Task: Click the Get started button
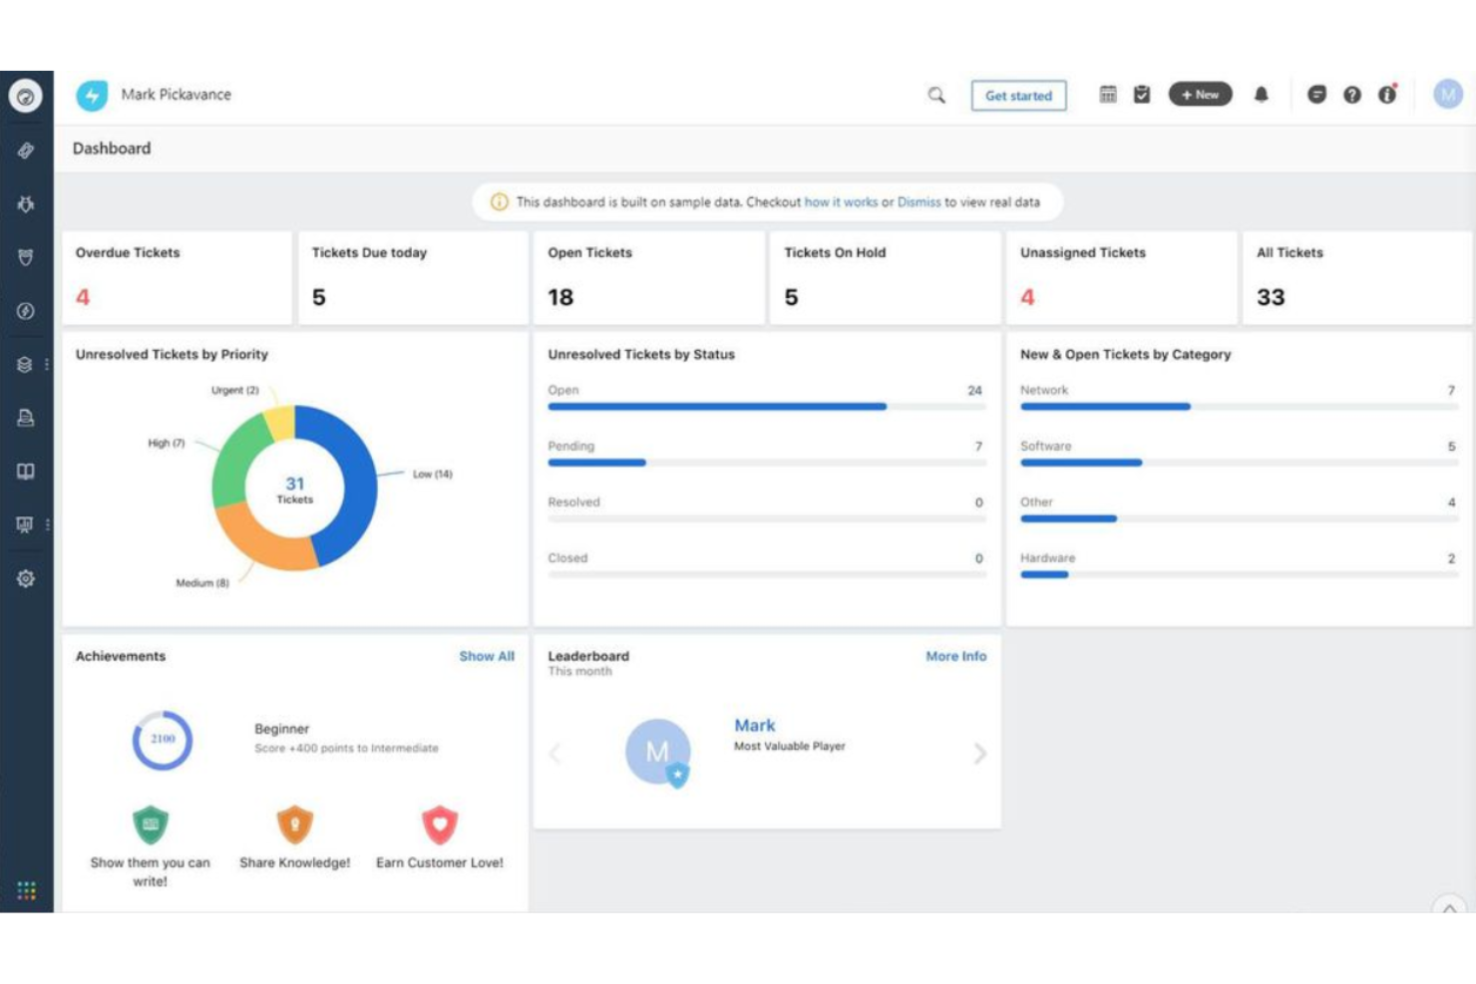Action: click(x=1018, y=96)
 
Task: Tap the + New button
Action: click(x=1200, y=95)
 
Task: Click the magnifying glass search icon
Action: click(x=935, y=95)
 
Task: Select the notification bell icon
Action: click(x=1261, y=95)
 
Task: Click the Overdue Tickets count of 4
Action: click(x=83, y=297)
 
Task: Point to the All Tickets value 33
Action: click(x=1270, y=297)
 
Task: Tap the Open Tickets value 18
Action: click(x=560, y=297)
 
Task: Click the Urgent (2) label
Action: click(x=234, y=390)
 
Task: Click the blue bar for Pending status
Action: click(x=596, y=463)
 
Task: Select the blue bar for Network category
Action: click(x=1104, y=407)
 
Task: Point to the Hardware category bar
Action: click(x=1044, y=574)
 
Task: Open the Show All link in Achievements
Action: click(x=487, y=656)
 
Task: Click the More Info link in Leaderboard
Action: click(x=955, y=656)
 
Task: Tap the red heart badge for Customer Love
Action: click(x=440, y=824)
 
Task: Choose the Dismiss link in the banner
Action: click(x=919, y=202)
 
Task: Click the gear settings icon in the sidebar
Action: click(x=26, y=578)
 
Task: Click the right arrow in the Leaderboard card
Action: click(x=979, y=754)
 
